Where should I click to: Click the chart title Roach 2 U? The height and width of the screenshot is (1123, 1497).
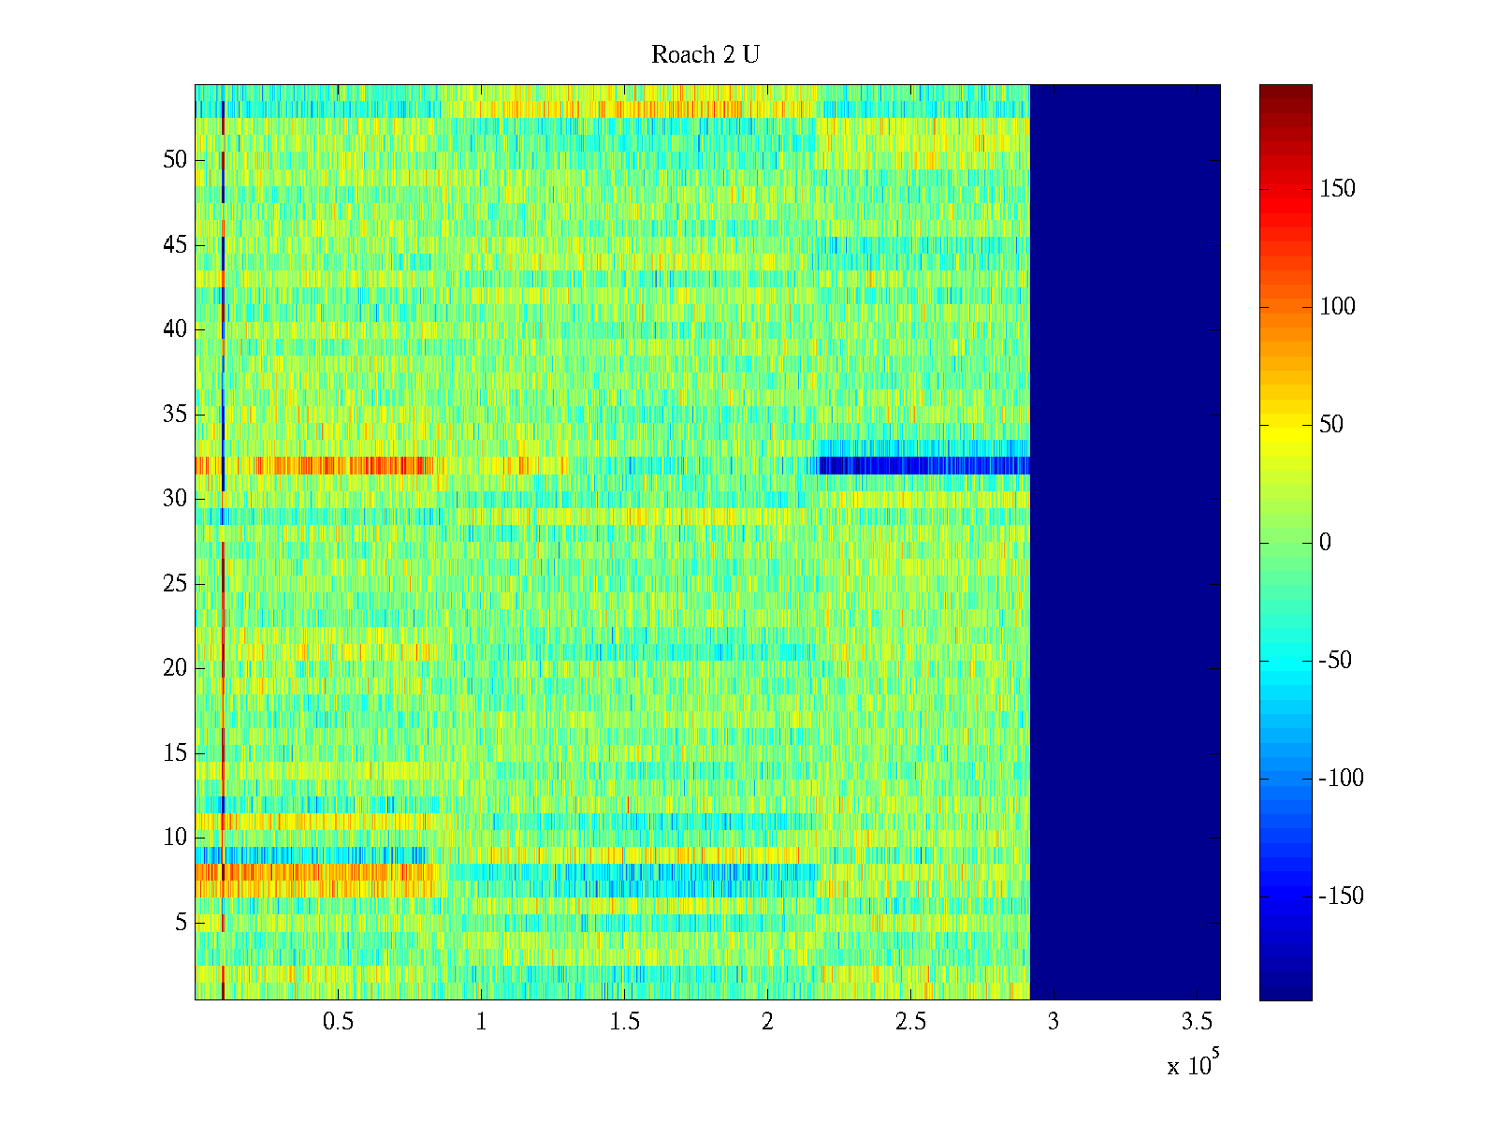[x=705, y=55]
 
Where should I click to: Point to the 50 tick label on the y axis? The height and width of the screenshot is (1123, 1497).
[x=175, y=160]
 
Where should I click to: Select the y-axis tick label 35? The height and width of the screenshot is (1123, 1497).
[x=175, y=415]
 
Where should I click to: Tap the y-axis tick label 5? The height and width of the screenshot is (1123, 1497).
[x=181, y=923]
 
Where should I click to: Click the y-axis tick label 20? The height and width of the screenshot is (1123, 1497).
[x=175, y=668]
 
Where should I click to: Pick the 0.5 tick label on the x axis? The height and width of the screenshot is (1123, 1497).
[x=338, y=1022]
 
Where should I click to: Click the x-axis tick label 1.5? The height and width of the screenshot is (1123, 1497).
[x=624, y=1022]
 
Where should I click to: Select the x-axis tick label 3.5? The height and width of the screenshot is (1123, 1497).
[x=1197, y=1022]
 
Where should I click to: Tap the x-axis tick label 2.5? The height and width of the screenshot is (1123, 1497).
[x=910, y=1022]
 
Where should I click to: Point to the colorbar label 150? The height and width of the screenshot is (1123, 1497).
[x=1337, y=189]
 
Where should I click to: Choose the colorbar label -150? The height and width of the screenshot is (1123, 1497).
[x=1341, y=897]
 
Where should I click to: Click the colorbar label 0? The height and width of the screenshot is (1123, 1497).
[x=1325, y=543]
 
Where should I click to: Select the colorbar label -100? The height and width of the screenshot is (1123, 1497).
[x=1341, y=779]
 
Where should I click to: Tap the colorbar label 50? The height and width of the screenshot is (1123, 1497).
[x=1331, y=425]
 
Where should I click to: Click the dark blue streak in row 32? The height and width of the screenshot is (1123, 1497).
[x=922, y=465]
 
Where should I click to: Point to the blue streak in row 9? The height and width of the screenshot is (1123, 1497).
[x=309, y=855]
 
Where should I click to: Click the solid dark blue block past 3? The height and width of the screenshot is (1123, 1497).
[x=1125, y=543]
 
